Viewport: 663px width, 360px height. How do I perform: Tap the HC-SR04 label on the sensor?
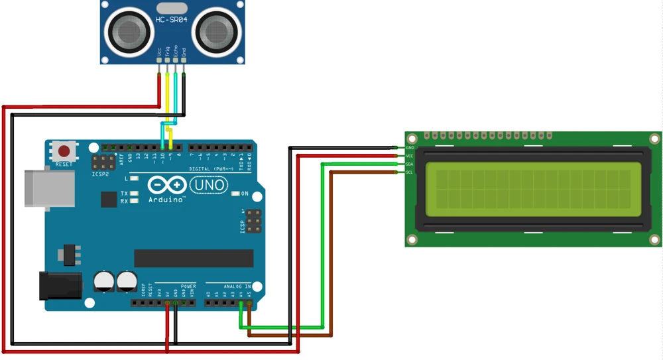pyautogui.click(x=171, y=20)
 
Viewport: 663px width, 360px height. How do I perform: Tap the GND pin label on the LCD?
pyautogui.click(x=410, y=147)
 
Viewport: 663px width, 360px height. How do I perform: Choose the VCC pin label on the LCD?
pyautogui.click(x=410, y=156)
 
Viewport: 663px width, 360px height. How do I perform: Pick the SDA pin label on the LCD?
pyautogui.click(x=410, y=164)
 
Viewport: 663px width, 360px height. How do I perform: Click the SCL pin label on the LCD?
pyautogui.click(x=410, y=172)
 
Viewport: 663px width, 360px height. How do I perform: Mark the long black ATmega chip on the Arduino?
pyautogui.click(x=194, y=258)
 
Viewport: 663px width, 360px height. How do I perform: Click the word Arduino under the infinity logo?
pyautogui.click(x=166, y=200)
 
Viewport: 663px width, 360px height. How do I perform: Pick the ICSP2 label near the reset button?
pyautogui.click(x=99, y=174)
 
